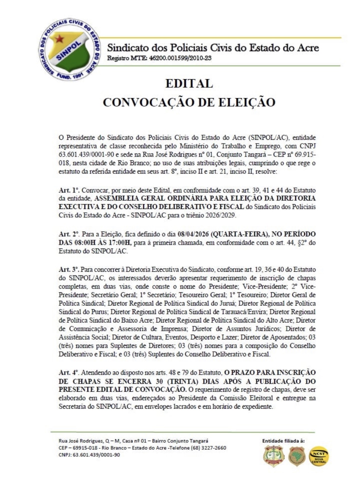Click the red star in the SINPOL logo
[59, 39]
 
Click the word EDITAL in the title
[189, 83]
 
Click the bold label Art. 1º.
[69, 191]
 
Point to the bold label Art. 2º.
[69, 234]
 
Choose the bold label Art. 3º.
[69, 269]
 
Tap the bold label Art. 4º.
[69, 372]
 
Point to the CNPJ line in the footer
[89, 455]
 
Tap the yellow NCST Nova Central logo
[319, 456]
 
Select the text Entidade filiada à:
[283, 441]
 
